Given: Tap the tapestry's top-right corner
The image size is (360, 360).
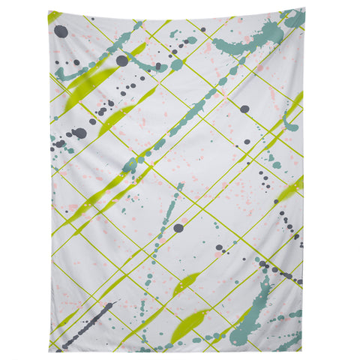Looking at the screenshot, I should coord(304,9).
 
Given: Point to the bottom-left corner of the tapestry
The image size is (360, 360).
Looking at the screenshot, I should coord(49,351).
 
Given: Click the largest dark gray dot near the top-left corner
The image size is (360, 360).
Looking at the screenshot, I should coord(61,31).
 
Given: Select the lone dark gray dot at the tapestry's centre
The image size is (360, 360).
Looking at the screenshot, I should coord(178,227).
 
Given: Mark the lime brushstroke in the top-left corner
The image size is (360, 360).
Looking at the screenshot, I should coord(53,16).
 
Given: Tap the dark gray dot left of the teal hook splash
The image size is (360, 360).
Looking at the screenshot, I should coord(244,109).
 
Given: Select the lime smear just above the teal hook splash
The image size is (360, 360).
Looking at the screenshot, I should coord(295,102).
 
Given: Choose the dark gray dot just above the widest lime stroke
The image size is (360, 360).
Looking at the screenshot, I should coord(122,61).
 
